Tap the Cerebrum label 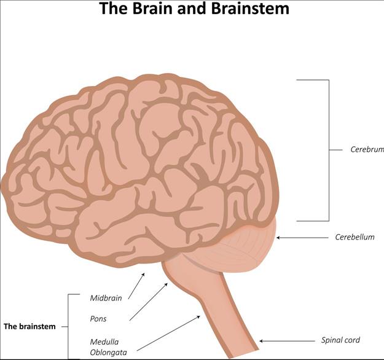coord(367,149)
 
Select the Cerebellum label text coord(355,237)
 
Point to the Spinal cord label coord(340,340)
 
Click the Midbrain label coord(106,298)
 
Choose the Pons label coord(98,319)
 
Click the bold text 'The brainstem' coord(29,327)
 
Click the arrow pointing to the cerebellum coord(305,237)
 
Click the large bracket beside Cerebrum coord(328,149)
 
